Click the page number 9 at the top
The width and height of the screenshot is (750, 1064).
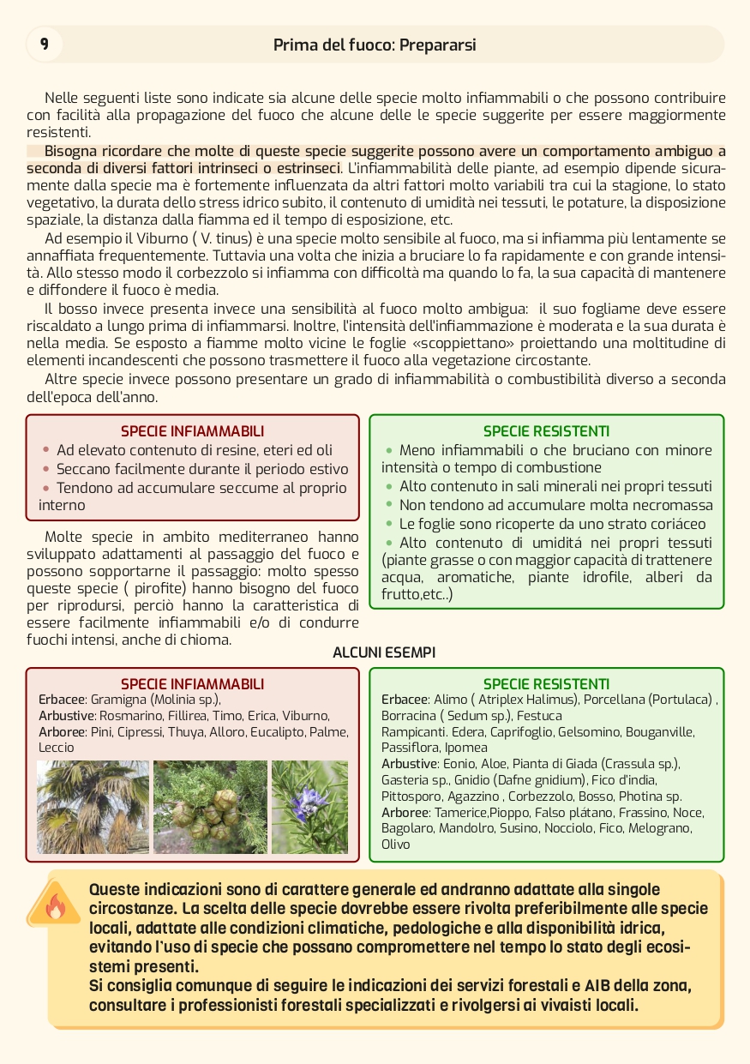click(x=44, y=44)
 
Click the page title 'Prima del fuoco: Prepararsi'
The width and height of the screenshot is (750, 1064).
click(x=375, y=45)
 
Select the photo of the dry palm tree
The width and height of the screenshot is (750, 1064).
click(x=93, y=807)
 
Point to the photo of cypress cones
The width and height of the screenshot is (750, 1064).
click(x=210, y=807)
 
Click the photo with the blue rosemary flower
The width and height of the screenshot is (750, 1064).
click(x=309, y=807)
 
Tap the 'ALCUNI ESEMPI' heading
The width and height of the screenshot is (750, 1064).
click(x=384, y=653)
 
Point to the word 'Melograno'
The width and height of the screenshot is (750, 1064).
click(x=660, y=828)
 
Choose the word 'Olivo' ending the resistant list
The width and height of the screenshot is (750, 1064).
click(x=396, y=845)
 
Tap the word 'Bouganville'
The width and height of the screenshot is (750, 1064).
click(x=660, y=732)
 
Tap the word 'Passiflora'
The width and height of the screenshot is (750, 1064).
click(x=410, y=748)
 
